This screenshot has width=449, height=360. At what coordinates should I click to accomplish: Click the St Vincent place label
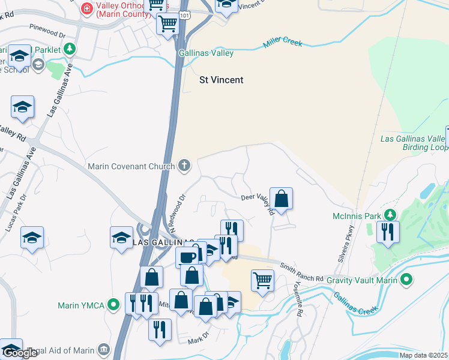coord(221,80)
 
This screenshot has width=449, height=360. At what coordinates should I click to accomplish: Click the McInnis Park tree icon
coord(390,215)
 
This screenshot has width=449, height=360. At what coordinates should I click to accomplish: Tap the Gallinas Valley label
coord(206,53)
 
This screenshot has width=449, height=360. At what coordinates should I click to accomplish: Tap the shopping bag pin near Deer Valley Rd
coord(281,197)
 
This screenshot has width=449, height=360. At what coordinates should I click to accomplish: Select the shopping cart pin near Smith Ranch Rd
coord(263,280)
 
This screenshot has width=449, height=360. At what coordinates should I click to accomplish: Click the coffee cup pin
coord(186,257)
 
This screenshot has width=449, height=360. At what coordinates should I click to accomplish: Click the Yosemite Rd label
coord(298,298)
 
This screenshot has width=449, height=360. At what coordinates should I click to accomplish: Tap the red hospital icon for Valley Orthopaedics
coord(86,8)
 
